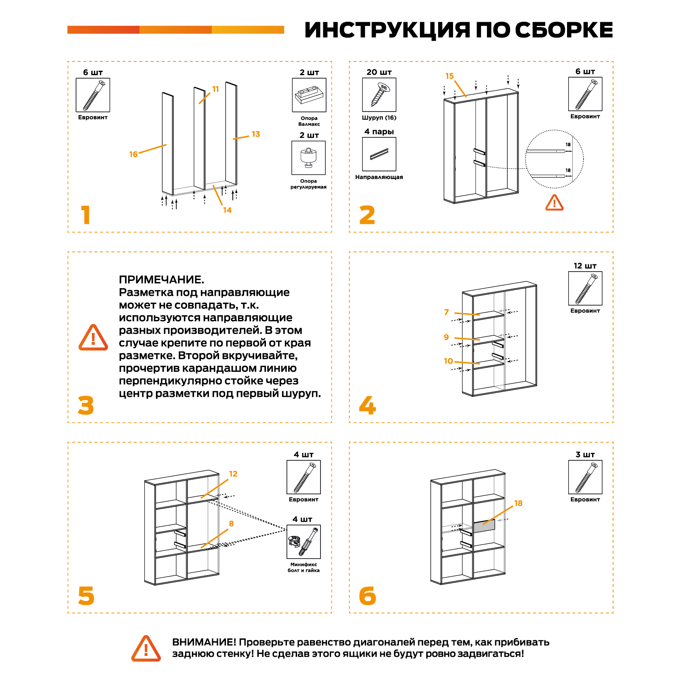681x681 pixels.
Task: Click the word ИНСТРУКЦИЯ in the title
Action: pos(387,30)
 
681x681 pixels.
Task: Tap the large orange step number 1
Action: pos(85,215)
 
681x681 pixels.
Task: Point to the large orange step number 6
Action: pos(367,596)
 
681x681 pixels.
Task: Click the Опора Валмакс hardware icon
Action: pos(309,95)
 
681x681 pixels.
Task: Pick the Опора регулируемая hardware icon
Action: pos(308,158)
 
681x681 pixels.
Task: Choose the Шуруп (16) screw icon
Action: pos(379,95)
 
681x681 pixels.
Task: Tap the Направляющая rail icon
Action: pos(379,154)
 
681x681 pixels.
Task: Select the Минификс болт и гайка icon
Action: pos(304,542)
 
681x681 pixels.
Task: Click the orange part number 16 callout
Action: pos(133,154)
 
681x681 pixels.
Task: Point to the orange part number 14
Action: pos(227,210)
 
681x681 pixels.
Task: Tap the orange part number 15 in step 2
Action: pos(449,76)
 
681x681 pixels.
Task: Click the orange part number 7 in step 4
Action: pos(447,312)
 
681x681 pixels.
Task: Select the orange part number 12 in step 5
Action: pos(233,474)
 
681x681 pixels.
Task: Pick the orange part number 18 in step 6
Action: pos(518,503)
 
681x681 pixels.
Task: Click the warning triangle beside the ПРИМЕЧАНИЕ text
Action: pos(93,338)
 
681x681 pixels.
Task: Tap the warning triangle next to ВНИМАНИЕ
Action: pos(146,649)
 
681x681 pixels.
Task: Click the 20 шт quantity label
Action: pos(379,72)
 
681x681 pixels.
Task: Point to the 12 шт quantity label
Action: pos(585,266)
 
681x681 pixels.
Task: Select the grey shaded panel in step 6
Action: pos(484,527)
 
